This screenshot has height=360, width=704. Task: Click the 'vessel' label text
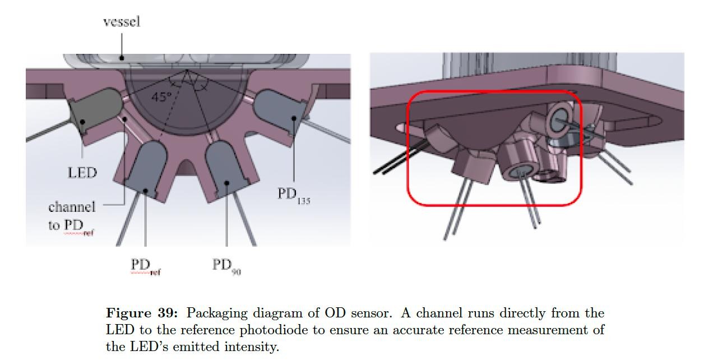[122, 22]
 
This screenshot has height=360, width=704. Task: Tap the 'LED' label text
[82, 173]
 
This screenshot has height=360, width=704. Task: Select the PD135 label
[294, 196]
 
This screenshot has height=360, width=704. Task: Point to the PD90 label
[226, 266]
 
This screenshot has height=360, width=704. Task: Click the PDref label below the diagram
[146, 266]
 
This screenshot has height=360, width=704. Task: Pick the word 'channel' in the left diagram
[72, 207]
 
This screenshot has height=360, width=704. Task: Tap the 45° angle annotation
[161, 97]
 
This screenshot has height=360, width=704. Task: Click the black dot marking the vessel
[122, 58]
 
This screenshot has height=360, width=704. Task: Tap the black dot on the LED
[82, 122]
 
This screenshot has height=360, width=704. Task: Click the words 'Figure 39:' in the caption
[142, 313]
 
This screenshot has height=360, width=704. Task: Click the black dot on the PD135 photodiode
[294, 118]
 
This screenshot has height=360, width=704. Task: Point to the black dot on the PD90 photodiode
[227, 183]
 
